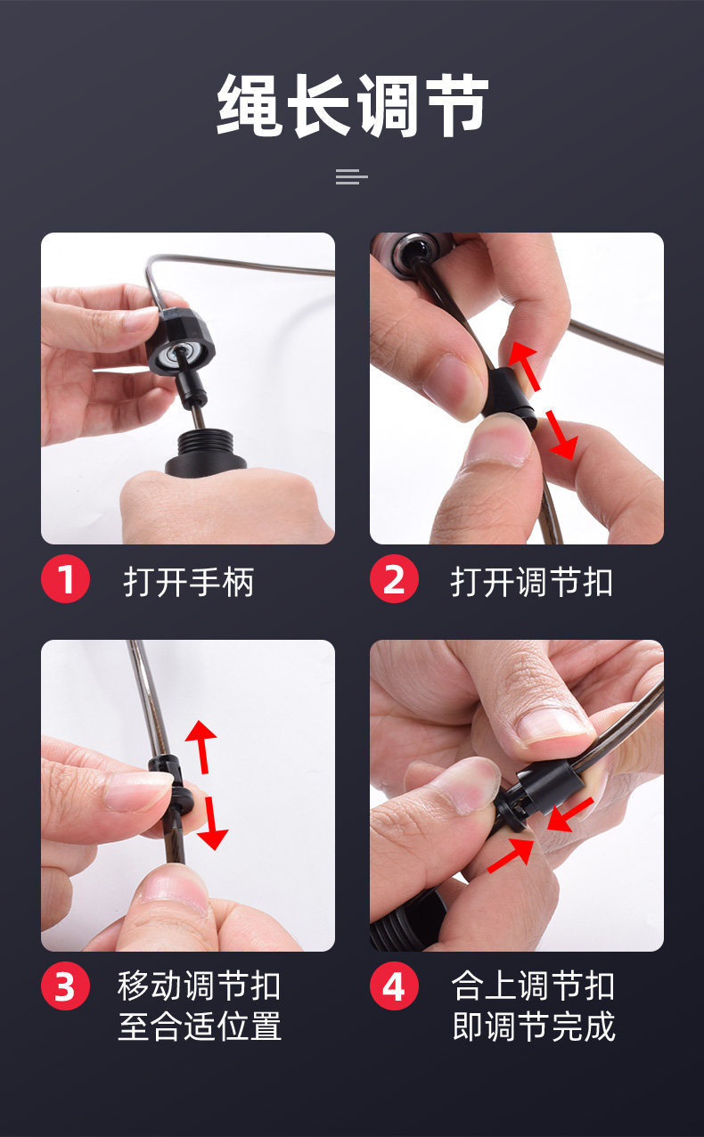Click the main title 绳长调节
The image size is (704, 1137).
(x=352, y=105)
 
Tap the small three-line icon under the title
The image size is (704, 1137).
(x=352, y=176)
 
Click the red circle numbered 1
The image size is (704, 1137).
(x=65, y=578)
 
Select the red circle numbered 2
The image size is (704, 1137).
(x=394, y=578)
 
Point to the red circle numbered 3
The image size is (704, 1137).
(x=65, y=986)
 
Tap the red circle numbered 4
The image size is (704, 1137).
(x=394, y=986)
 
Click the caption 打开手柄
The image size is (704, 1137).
(x=188, y=582)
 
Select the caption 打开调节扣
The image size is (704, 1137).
(x=531, y=582)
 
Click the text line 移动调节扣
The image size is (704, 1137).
(x=199, y=986)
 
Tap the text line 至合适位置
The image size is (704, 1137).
(x=199, y=1026)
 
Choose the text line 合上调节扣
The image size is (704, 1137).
(x=533, y=986)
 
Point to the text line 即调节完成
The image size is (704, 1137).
(x=533, y=1026)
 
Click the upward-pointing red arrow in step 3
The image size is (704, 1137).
(x=201, y=746)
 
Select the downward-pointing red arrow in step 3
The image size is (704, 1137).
(x=212, y=822)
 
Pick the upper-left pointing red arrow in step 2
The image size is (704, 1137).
(x=524, y=365)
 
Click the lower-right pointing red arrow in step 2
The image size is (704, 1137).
(x=561, y=436)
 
